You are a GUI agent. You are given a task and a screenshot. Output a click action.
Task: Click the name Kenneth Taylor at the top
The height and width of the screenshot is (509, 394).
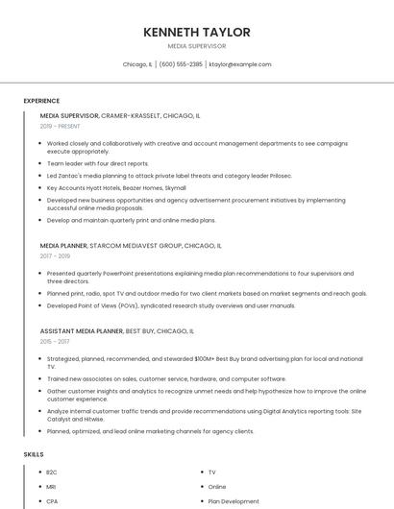pyautogui.click(x=196, y=32)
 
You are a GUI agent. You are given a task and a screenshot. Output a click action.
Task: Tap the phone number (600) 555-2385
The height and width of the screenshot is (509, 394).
pyautogui.click(x=181, y=64)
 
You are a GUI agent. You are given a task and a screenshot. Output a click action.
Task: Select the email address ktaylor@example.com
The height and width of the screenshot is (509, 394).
pyautogui.click(x=240, y=64)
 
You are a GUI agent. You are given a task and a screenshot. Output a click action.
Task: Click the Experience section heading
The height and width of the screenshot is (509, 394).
pyautogui.click(x=41, y=101)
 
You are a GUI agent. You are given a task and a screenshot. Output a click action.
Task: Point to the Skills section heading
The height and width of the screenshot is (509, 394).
pyautogui.click(x=34, y=453)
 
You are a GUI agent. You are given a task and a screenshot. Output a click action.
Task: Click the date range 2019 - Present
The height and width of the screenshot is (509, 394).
pyautogui.click(x=60, y=126)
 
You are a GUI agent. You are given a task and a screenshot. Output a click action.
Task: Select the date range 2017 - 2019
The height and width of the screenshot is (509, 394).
pyautogui.click(x=55, y=256)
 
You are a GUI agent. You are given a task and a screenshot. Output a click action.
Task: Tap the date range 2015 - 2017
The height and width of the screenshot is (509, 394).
pyautogui.click(x=55, y=341)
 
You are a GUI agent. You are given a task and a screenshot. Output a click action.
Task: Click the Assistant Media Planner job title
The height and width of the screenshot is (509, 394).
pyautogui.click(x=82, y=330)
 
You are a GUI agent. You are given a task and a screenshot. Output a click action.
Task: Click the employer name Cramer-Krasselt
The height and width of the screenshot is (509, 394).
pyautogui.click(x=134, y=115)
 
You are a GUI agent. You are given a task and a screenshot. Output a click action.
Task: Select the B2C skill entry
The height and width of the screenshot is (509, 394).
pyautogui.click(x=52, y=473)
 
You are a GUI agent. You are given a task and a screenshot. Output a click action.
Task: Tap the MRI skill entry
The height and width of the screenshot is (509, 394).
pyautogui.click(x=51, y=487)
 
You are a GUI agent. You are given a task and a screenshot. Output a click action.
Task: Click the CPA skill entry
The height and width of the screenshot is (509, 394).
pyautogui.click(x=52, y=501)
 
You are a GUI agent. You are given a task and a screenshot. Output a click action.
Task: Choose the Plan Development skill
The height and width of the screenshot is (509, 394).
pyautogui.click(x=234, y=501)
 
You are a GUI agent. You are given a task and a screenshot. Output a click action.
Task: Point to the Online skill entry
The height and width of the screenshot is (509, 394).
pyautogui.click(x=217, y=487)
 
